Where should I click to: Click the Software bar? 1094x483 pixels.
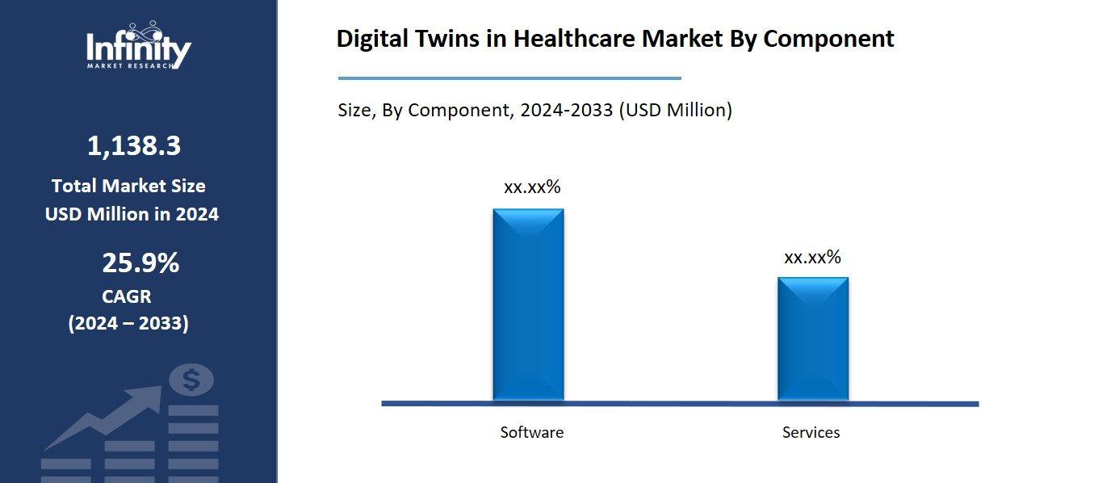coord(529,304)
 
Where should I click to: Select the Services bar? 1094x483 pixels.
coord(813,338)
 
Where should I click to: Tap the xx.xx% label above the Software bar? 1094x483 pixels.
coord(532,187)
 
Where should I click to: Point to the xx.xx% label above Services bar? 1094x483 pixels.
coord(813,258)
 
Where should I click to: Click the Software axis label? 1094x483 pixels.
coord(532,432)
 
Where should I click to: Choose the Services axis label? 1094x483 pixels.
coord(811,433)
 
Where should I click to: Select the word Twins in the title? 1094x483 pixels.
coord(442,39)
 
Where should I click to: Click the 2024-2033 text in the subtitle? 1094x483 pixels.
coord(566,111)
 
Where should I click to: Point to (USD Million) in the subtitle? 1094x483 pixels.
coord(676,111)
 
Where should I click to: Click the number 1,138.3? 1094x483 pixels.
coord(134,146)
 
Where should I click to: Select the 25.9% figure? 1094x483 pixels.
coord(140,263)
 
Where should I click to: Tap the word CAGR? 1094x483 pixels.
coord(127,296)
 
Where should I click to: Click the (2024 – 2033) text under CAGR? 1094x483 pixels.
coord(128,324)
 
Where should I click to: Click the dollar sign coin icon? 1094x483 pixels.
coord(192,380)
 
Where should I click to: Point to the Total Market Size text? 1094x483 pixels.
coord(128,187)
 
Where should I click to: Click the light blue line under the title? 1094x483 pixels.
coord(509,78)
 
